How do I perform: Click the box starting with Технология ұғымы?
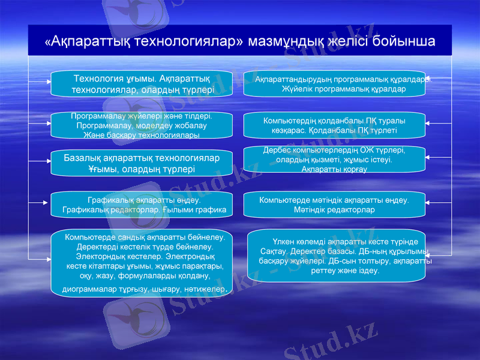[x=141, y=83]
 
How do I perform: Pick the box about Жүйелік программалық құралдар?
[x=334, y=83]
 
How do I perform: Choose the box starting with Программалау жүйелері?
[x=141, y=125]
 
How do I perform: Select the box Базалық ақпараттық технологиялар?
[x=141, y=163]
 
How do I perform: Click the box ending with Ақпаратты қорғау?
[x=334, y=160]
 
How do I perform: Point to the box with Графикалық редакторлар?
[x=141, y=205]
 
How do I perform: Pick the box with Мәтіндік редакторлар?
[x=334, y=205]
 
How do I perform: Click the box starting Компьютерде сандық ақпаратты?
[x=141, y=263]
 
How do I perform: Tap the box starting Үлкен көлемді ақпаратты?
[x=336, y=255]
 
